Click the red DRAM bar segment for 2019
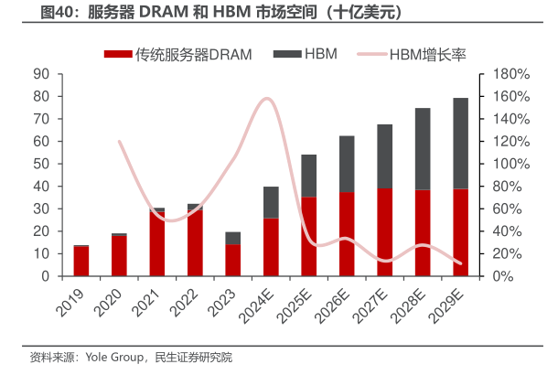pyautogui.click(x=81, y=262)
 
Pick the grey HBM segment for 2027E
pyautogui.click(x=385, y=156)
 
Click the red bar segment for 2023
pyautogui.click(x=233, y=260)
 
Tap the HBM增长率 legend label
pyautogui.click(x=428, y=54)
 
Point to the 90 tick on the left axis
pyautogui.click(x=40, y=74)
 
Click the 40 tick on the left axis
pyautogui.click(x=40, y=187)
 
